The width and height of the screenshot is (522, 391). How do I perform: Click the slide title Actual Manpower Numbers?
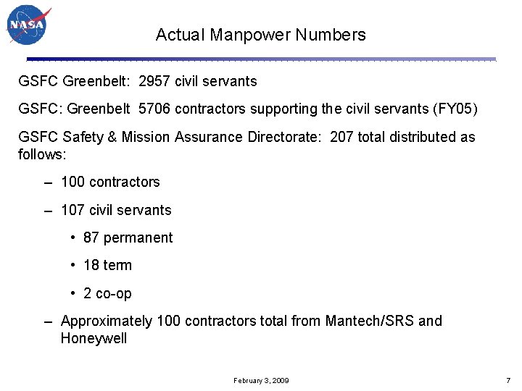point(260,35)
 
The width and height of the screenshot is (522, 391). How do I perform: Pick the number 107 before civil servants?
point(72,210)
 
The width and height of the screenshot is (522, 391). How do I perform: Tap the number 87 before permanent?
point(91,237)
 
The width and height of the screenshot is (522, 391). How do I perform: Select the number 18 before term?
point(91,265)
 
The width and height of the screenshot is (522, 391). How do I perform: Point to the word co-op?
point(114,293)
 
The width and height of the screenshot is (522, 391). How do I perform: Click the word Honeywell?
point(94,338)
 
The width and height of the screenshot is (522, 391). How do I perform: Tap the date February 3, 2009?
point(261,380)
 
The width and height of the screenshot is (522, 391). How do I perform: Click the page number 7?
point(507,380)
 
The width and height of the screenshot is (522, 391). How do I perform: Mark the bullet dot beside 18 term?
point(74,265)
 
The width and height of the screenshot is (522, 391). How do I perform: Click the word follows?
point(40,154)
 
